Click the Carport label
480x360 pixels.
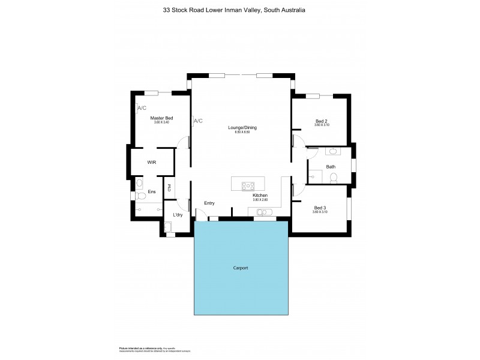[242, 268]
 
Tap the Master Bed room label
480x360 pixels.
[161, 118]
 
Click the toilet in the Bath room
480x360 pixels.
[335, 177]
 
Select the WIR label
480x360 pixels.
[152, 162]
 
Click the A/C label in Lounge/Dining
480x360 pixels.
[198, 121]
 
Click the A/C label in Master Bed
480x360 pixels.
[142, 108]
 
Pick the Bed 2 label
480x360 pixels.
[322, 121]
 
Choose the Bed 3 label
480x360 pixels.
[320, 208]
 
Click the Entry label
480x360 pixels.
[209, 203]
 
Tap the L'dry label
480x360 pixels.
[178, 215]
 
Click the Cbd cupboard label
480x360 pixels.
[170, 187]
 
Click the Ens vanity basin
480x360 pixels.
[139, 182]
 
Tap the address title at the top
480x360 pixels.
[239, 10]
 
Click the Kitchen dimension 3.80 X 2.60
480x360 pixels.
[260, 201]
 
